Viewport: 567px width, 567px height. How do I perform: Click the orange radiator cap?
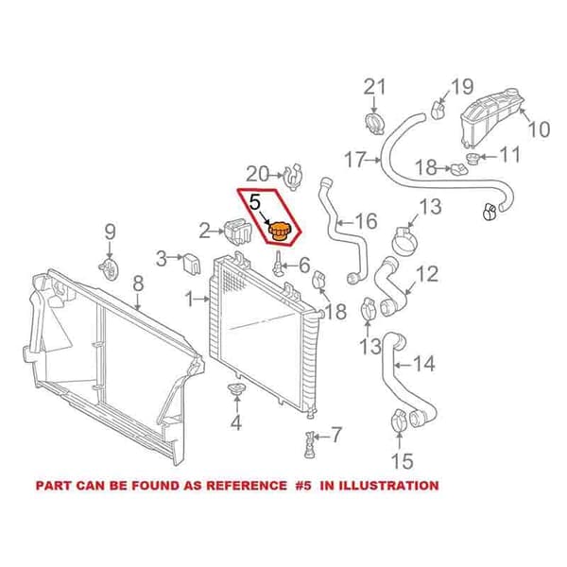279,232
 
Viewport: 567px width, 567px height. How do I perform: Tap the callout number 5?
255,202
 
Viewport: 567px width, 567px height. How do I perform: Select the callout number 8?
139,283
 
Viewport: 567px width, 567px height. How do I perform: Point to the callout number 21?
374,87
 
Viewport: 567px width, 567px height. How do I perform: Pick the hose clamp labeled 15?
398,420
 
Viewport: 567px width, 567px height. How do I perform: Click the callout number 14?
424,364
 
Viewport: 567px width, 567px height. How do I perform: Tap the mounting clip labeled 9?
109,268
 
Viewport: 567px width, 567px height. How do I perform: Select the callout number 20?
257,174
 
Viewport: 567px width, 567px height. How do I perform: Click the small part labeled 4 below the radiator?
236,390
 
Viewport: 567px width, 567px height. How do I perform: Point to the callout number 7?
335,435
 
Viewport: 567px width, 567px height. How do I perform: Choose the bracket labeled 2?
237,232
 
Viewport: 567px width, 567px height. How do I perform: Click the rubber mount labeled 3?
192,264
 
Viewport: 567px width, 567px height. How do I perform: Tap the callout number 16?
366,221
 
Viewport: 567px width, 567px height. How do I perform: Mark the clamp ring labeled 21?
375,124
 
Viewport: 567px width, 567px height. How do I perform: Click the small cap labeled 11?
472,159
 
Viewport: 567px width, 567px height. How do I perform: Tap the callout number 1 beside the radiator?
190,299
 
